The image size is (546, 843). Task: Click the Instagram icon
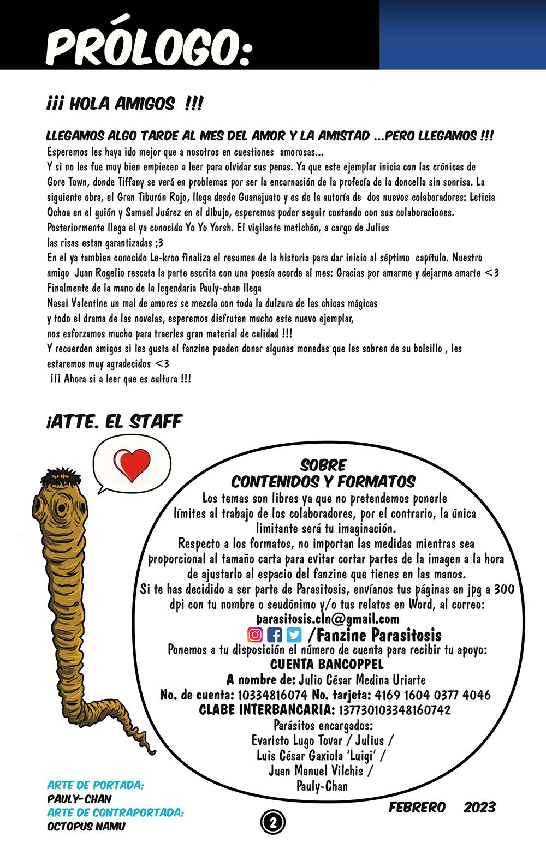(255, 635)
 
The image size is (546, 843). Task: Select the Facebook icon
(275, 635)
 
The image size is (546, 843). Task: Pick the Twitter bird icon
(294, 635)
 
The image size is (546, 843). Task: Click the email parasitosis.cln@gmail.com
(328, 619)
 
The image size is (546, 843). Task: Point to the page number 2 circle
(272, 821)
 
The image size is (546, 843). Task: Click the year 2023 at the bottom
(479, 807)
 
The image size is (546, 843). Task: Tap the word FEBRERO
(417, 807)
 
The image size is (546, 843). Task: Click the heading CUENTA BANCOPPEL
(327, 665)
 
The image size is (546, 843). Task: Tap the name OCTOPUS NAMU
(86, 826)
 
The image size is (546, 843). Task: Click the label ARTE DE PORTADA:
(96, 786)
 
